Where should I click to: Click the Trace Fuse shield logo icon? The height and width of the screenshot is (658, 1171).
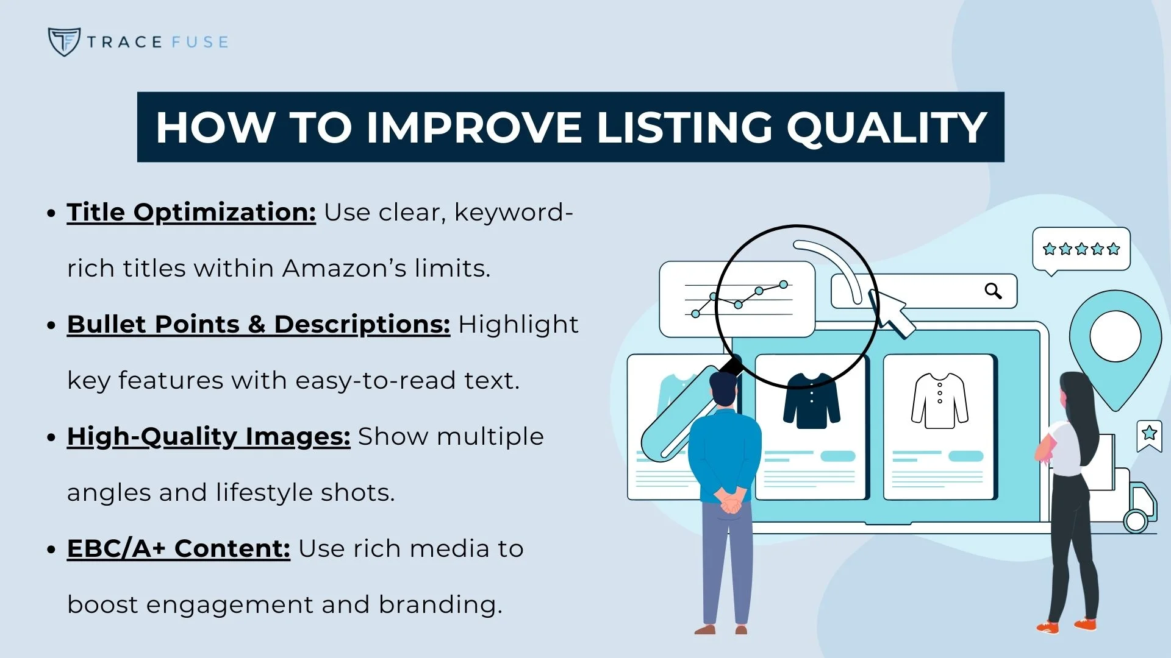(x=63, y=41)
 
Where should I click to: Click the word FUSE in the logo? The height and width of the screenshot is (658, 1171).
(x=200, y=42)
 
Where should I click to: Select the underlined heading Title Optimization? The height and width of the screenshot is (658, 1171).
(x=191, y=212)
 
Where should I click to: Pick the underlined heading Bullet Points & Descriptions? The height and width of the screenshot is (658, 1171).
(x=258, y=324)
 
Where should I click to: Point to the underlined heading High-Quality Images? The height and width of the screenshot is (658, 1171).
(x=208, y=436)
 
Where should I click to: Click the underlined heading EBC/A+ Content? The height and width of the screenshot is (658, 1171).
(x=178, y=548)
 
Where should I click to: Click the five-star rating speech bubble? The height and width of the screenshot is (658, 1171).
(x=1081, y=249)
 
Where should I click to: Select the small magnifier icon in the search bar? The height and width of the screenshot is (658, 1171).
(x=993, y=291)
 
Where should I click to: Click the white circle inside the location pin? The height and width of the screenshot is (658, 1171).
(x=1115, y=336)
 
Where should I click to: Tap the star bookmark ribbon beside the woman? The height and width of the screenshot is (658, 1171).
(x=1149, y=435)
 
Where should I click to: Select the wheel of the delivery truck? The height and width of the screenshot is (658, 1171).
(x=1135, y=522)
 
